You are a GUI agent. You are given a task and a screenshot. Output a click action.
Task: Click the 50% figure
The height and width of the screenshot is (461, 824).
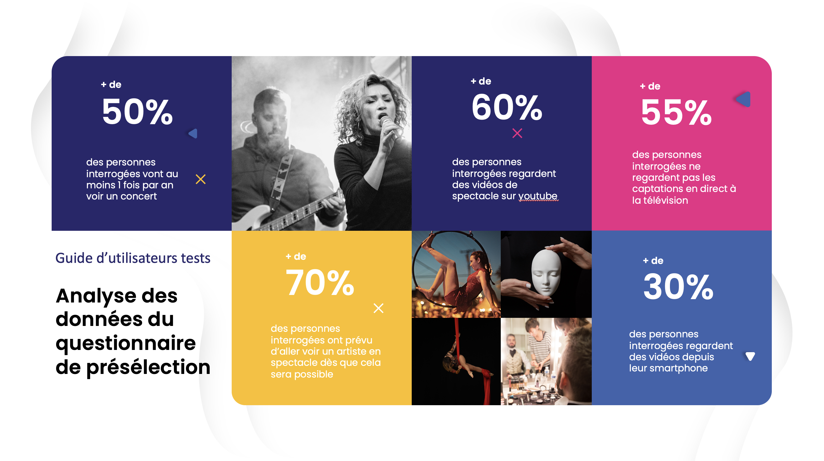click(x=137, y=112)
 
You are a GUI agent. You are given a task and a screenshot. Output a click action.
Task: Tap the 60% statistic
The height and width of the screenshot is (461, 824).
click(x=507, y=107)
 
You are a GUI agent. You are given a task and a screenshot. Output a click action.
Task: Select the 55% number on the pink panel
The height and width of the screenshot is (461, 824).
click(x=676, y=112)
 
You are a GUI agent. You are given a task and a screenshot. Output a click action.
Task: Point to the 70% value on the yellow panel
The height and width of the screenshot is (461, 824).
click(x=320, y=283)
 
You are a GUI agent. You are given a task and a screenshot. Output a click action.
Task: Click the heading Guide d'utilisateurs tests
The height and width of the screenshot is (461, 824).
click(x=133, y=258)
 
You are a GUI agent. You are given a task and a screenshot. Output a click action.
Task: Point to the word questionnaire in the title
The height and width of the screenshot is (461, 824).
click(x=125, y=343)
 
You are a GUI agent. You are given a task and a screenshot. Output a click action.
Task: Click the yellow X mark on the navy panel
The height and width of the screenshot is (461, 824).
click(x=201, y=179)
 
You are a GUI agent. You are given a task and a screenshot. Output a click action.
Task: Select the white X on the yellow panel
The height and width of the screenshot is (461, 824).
click(x=379, y=308)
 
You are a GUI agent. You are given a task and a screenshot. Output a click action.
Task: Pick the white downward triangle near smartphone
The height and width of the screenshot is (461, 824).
click(x=750, y=356)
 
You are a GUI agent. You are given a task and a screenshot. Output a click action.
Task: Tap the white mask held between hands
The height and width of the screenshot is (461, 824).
click(x=546, y=272)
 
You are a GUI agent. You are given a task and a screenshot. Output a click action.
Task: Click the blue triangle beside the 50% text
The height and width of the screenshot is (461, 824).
click(x=193, y=133)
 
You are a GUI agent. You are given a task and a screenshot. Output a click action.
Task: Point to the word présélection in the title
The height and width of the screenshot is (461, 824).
click(x=148, y=367)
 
